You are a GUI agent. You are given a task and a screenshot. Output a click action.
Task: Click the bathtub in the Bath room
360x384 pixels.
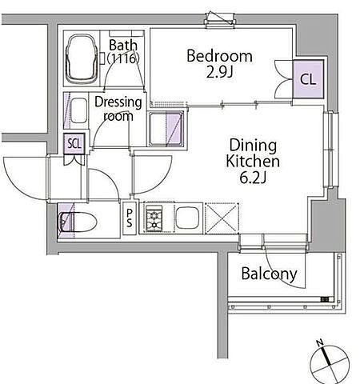pyautogui.click(x=82, y=58)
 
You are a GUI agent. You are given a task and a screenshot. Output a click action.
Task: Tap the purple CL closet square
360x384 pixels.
pyautogui.click(x=308, y=79)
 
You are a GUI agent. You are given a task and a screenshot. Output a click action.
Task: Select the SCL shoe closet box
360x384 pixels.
pyautogui.click(x=74, y=144)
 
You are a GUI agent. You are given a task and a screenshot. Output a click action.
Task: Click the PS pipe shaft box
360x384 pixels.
pyautogui.click(x=130, y=218)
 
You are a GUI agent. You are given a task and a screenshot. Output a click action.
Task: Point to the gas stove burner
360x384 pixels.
pyautogui.click(x=154, y=218)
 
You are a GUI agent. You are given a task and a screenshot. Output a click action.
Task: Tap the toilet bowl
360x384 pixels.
pyautogui.click(x=78, y=222)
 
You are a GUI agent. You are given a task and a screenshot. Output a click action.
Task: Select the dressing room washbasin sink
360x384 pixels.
pyautogui.click(x=79, y=110)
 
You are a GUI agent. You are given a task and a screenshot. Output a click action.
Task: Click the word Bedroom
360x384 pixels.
pyautogui.click(x=219, y=56)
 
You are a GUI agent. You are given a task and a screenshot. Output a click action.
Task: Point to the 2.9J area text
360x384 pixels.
pyautogui.click(x=220, y=72)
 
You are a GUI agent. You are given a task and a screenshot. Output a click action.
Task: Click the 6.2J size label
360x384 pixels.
pyautogui.click(x=253, y=178)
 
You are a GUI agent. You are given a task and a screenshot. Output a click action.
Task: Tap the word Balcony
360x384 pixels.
pyautogui.click(x=269, y=274)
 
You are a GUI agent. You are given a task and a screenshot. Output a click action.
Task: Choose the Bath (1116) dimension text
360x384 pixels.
pyautogui.click(x=123, y=51)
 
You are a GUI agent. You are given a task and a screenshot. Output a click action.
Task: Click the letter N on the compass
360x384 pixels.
pyautogui.click(x=320, y=342)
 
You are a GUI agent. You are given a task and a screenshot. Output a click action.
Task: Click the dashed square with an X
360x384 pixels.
pyautogui.click(x=222, y=218)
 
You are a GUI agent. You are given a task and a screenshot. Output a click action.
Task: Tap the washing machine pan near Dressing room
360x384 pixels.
pyautogui.click(x=166, y=129)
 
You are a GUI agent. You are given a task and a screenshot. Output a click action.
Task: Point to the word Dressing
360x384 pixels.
pyautogui.click(x=118, y=102)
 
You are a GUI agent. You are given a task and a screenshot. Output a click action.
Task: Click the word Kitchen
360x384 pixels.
pyautogui.click(x=253, y=161)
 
